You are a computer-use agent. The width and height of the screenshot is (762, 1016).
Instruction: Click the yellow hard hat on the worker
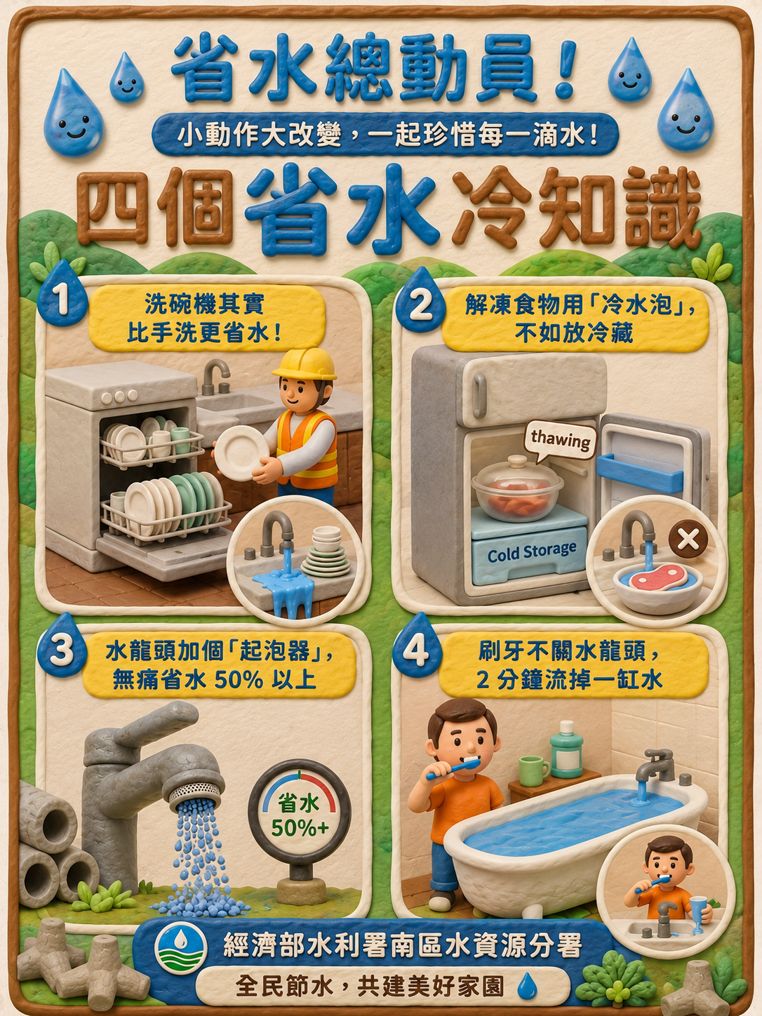pyautogui.click(x=305, y=364)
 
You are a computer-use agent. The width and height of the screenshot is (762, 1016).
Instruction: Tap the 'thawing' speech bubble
pyautogui.click(x=561, y=440)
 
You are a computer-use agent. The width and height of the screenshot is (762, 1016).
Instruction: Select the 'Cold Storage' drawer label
pyautogui.click(x=532, y=552)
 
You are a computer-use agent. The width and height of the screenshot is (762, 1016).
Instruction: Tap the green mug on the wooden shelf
pyautogui.click(x=533, y=771)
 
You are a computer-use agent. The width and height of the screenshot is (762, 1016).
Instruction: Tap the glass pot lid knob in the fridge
pyautogui.click(x=517, y=460)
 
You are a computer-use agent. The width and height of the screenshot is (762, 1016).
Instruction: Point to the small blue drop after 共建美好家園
pyautogui.click(x=527, y=986)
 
